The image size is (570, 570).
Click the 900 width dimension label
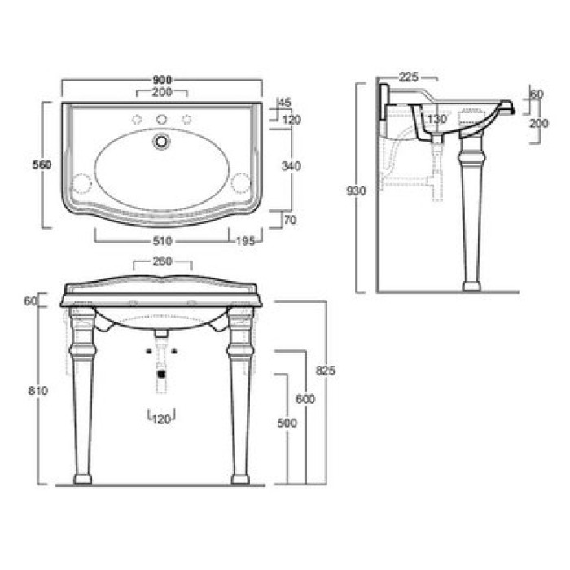[162, 80]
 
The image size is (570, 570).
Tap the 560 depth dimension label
[42, 164]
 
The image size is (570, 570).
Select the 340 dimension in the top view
[292, 166]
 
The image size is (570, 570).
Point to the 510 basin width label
[162, 241]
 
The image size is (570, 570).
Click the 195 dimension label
[245, 241]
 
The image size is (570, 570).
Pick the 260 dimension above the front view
[162, 261]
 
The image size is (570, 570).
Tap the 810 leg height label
[38, 390]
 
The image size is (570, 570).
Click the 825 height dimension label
[326, 370]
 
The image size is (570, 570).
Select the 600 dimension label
[305, 399]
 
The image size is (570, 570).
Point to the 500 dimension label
[287, 423]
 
